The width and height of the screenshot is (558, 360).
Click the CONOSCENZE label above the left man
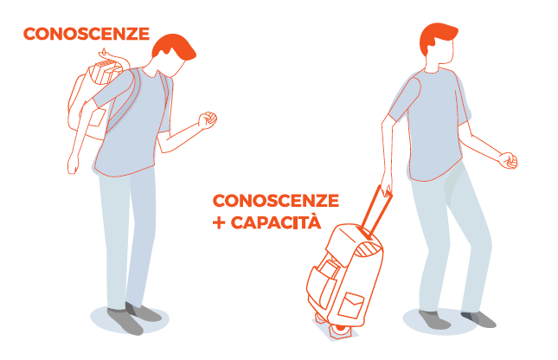click(x=87, y=34)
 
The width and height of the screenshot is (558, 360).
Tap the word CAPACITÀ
click(x=276, y=222)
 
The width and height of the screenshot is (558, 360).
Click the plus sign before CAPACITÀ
click(x=219, y=223)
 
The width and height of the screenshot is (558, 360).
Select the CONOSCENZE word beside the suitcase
click(x=276, y=201)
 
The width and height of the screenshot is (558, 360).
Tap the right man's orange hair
click(x=436, y=37)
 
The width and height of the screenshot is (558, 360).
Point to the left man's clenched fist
click(x=208, y=120)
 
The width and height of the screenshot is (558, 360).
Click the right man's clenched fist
click(x=508, y=161)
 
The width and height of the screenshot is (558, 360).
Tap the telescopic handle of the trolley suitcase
click(x=376, y=213)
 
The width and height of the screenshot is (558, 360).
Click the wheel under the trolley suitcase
click(x=340, y=331)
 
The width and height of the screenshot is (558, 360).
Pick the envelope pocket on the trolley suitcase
click(x=351, y=305)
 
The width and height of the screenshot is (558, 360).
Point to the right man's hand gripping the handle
click(x=386, y=186)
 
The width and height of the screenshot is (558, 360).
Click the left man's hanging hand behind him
click(x=73, y=165)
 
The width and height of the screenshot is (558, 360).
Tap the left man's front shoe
click(x=125, y=321)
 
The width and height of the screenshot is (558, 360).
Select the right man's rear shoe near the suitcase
click(x=433, y=319)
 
